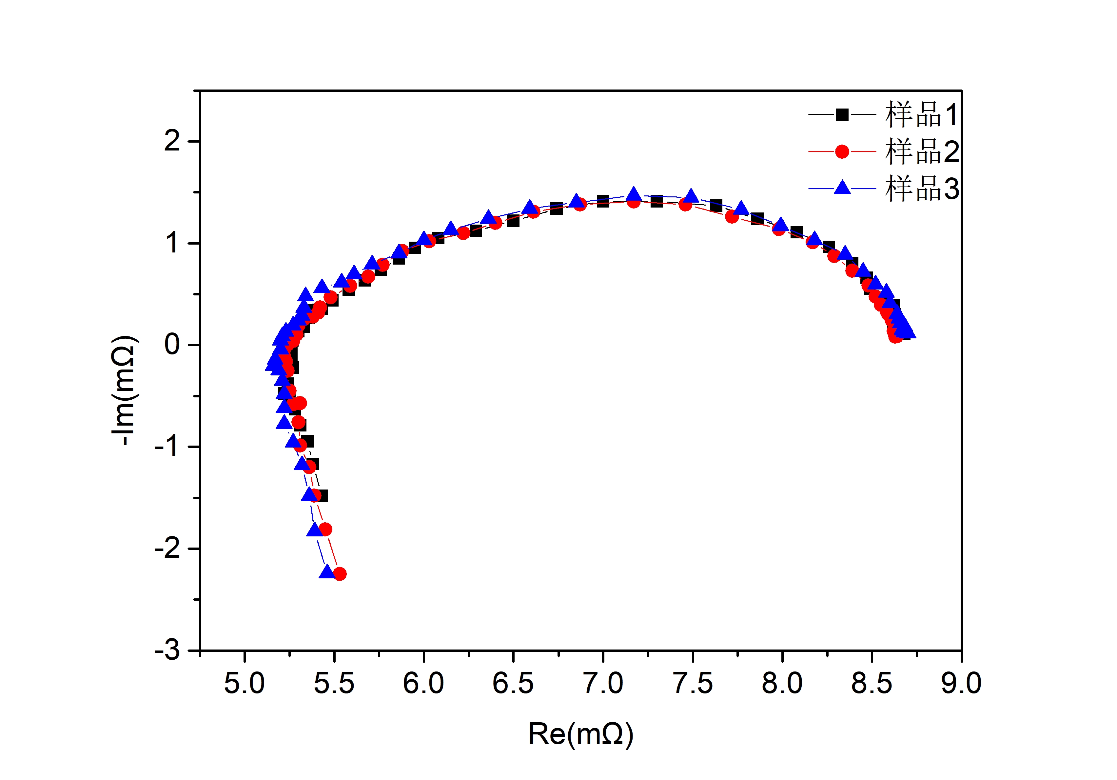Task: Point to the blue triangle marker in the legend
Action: [842, 188]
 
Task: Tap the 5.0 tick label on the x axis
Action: [244, 683]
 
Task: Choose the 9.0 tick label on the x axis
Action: [961, 683]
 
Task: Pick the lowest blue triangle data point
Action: [327, 572]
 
